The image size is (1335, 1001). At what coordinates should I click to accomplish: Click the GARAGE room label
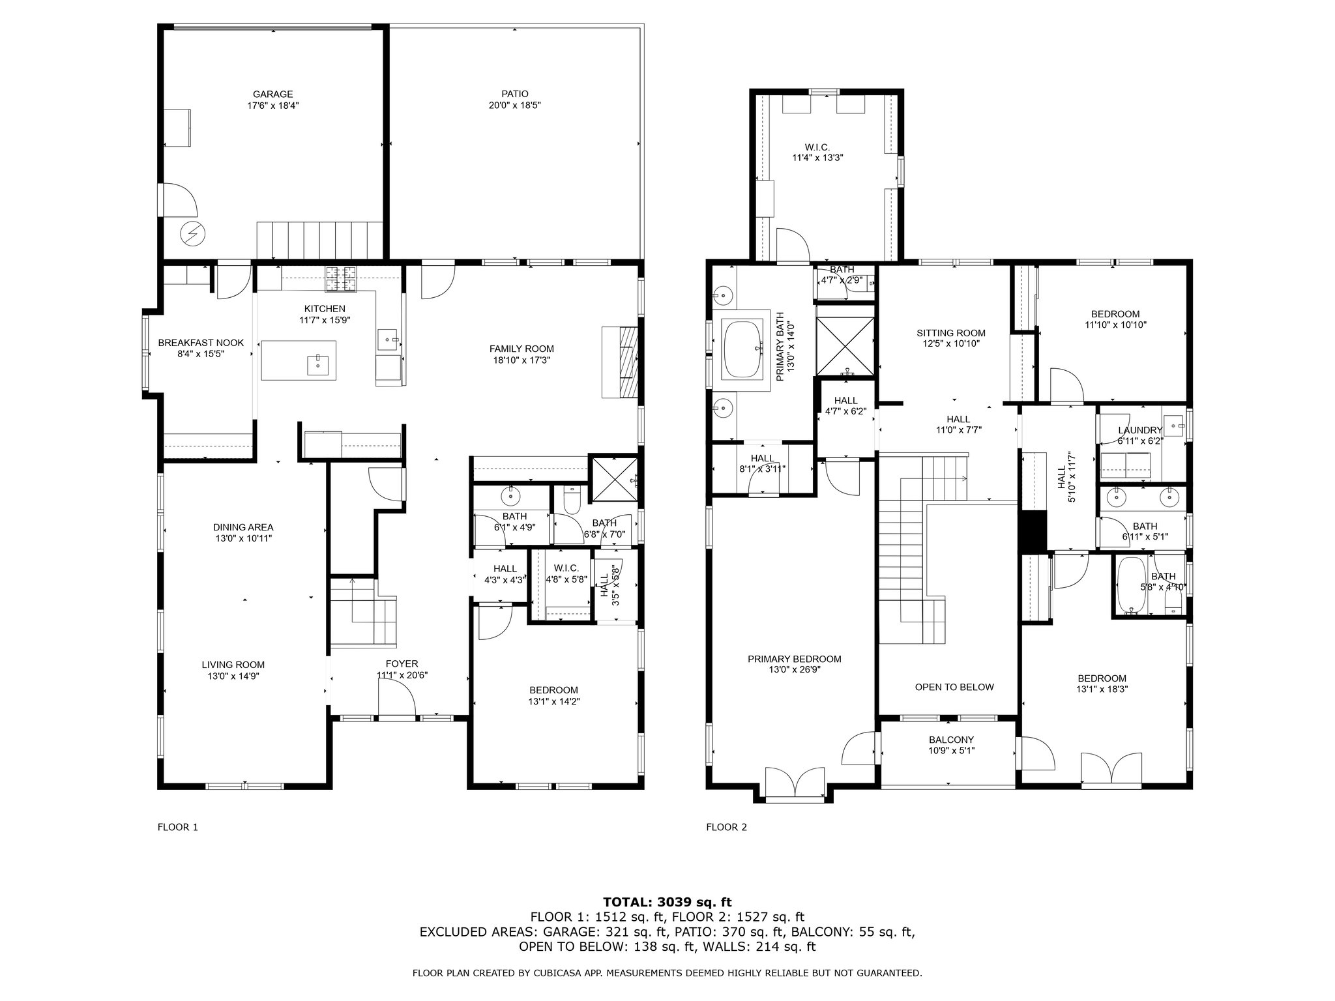(272, 94)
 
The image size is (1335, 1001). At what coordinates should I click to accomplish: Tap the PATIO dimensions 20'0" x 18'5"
(515, 105)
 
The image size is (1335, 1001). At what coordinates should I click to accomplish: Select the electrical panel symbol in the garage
(192, 233)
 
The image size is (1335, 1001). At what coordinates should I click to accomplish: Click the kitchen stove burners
(342, 280)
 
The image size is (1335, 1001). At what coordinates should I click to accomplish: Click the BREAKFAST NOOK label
(201, 343)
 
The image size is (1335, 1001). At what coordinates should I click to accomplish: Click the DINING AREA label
(243, 527)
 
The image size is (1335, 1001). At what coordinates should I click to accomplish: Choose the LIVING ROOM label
(233, 665)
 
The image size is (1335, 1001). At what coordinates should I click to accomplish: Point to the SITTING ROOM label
(951, 333)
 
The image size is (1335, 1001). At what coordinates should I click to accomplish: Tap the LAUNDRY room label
(1140, 430)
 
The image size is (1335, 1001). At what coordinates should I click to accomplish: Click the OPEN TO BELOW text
(954, 687)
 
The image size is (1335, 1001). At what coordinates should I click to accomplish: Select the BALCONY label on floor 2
(951, 740)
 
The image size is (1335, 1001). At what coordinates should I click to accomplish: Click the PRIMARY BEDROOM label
(795, 659)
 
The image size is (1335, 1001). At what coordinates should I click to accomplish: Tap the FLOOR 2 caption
(726, 828)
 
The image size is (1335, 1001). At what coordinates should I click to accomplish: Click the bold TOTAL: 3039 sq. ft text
(667, 902)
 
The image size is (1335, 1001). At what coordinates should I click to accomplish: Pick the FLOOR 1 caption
(177, 828)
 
